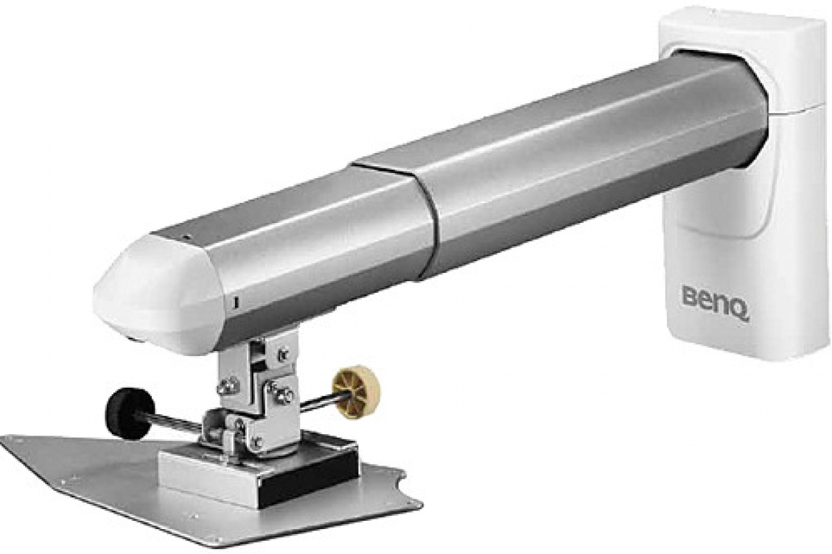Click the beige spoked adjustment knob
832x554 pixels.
click(356, 392)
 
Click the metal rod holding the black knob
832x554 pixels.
click(175, 423)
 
